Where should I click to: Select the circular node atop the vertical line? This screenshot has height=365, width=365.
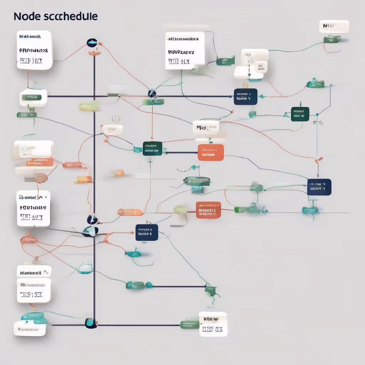click(92, 43)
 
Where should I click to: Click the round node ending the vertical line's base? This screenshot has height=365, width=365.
click(90, 323)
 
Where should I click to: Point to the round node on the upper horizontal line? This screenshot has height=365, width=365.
click(152, 94)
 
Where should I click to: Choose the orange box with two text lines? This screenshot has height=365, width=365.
click(211, 152)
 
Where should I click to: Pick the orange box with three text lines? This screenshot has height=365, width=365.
click(209, 210)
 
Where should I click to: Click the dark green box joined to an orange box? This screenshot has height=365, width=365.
click(152, 148)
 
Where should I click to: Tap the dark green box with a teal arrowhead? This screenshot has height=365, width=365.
click(300, 114)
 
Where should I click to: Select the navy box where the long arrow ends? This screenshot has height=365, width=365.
click(246, 97)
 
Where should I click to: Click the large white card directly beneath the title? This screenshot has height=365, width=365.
click(34, 50)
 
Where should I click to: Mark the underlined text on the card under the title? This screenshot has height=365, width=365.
click(31, 60)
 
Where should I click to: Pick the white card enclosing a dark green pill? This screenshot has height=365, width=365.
click(34, 97)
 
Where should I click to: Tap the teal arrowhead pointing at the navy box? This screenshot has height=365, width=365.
click(261, 96)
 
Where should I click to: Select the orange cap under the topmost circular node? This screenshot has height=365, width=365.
click(94, 53)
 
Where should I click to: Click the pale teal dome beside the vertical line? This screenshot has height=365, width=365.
click(86, 268)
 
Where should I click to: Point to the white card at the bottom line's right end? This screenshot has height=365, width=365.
click(213, 324)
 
